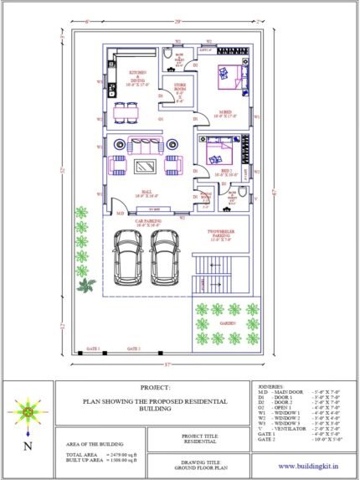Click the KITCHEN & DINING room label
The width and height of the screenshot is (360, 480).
(x=136, y=78)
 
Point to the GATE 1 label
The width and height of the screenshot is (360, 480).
(x=92, y=347)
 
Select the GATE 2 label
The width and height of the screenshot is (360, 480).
(x=133, y=347)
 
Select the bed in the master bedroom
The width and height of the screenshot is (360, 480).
(x=228, y=75)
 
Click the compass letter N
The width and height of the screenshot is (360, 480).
(x=29, y=446)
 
